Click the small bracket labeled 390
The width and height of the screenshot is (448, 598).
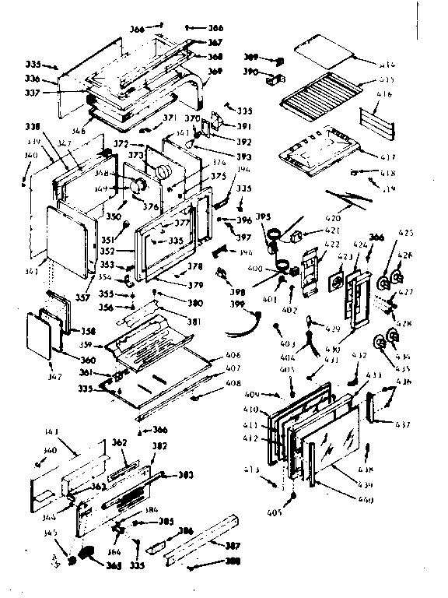[275, 77]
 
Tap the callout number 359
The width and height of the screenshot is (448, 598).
[86, 345]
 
